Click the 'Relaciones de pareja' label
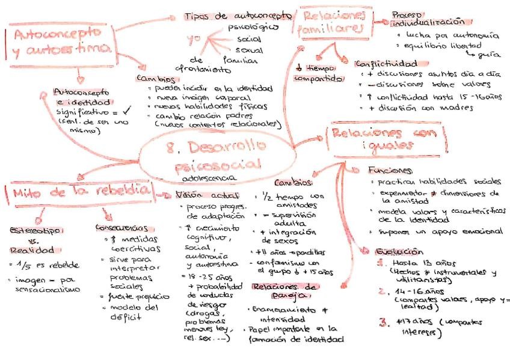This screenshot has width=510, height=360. click(x=284, y=291)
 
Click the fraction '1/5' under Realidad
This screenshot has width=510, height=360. click(x=23, y=264)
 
